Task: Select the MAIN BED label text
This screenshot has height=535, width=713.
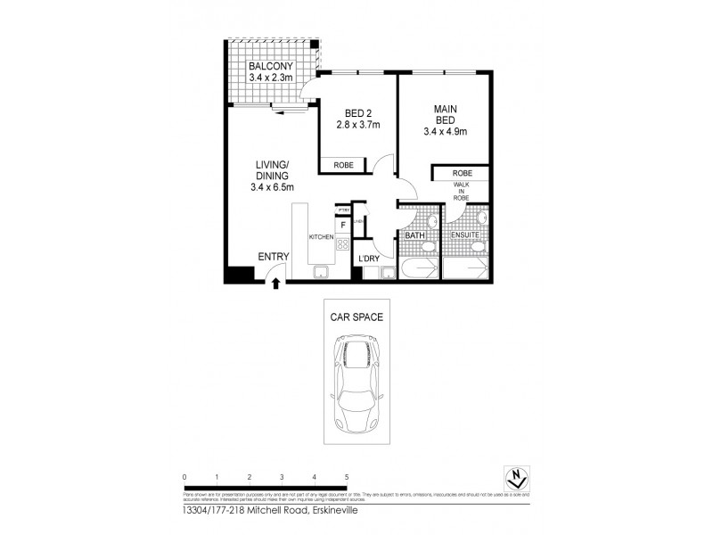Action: (x=446, y=114)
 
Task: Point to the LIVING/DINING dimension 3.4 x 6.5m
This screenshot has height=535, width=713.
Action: (x=272, y=186)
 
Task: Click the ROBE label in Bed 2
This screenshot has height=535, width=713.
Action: (x=344, y=165)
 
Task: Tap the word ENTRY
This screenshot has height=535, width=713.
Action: (x=274, y=257)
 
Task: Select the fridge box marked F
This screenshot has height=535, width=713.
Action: (x=343, y=226)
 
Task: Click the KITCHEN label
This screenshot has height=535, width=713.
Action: (x=321, y=237)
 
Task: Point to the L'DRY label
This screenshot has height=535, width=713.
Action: (x=370, y=259)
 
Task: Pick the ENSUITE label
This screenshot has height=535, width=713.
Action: (x=464, y=236)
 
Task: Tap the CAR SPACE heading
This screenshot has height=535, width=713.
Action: (x=356, y=315)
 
